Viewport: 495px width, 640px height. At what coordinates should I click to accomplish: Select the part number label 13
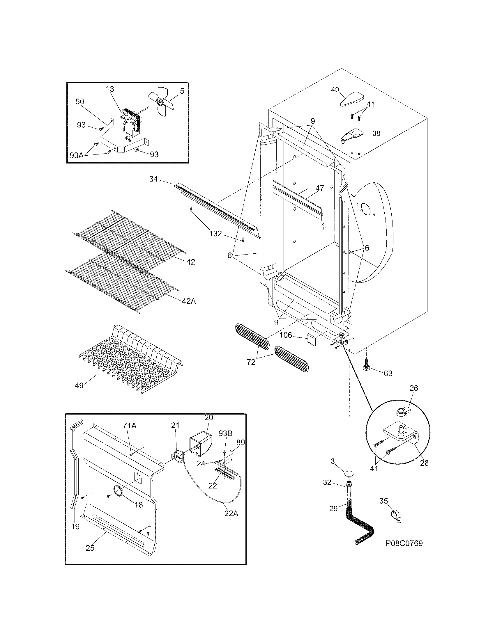coord(110,89)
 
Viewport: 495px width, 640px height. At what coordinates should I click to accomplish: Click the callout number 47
coord(319,188)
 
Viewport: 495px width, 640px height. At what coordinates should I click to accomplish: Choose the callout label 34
coord(153,179)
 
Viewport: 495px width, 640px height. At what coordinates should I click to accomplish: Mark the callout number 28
coord(424,463)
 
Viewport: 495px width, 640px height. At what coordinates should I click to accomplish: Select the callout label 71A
coord(129,426)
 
